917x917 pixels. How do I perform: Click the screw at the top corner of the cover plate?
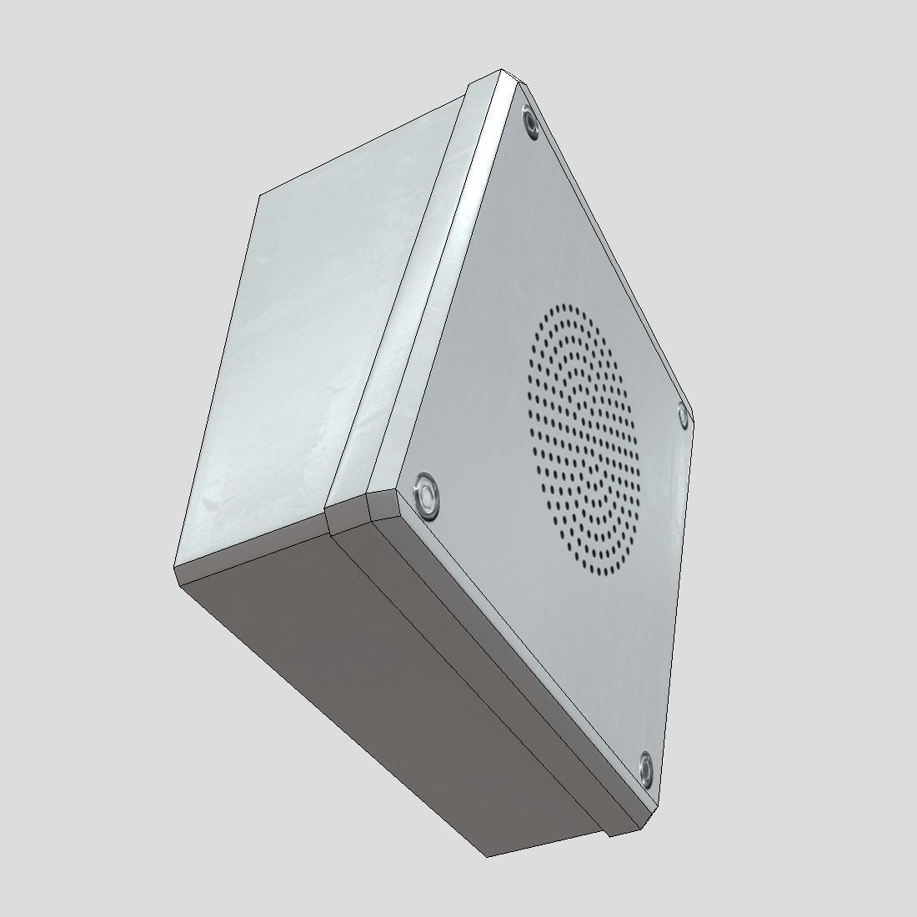click(530, 122)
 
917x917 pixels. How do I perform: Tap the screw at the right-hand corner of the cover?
click(682, 414)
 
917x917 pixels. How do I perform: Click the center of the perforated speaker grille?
click(583, 440)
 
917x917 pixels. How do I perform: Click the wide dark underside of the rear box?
click(358, 667)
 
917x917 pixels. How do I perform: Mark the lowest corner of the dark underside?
click(488, 855)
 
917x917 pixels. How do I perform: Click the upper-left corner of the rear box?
click(259, 195)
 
